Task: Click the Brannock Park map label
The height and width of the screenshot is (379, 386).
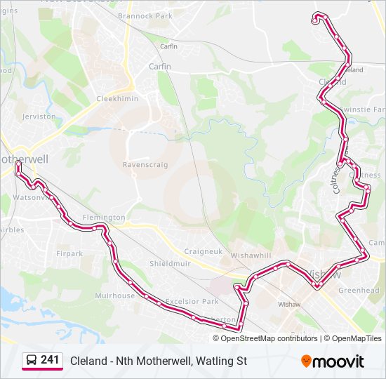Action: [x=145, y=15]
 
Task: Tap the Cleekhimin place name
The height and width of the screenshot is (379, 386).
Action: [x=117, y=99]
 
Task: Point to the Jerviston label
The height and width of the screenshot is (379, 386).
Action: [x=39, y=117]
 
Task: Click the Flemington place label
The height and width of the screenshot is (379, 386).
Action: [x=104, y=218]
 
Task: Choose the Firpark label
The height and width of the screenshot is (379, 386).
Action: [x=69, y=253]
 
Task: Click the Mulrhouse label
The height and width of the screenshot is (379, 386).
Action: [x=114, y=295]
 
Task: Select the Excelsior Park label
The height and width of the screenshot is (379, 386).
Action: [x=192, y=301]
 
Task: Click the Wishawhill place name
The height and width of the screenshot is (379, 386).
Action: [x=251, y=255]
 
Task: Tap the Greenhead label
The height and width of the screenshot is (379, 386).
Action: [x=359, y=290]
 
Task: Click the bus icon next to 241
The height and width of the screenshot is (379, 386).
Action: [x=32, y=361]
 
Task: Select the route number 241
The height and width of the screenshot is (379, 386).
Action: [x=50, y=360]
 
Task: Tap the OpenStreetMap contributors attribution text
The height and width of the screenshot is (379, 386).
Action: [x=269, y=338]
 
